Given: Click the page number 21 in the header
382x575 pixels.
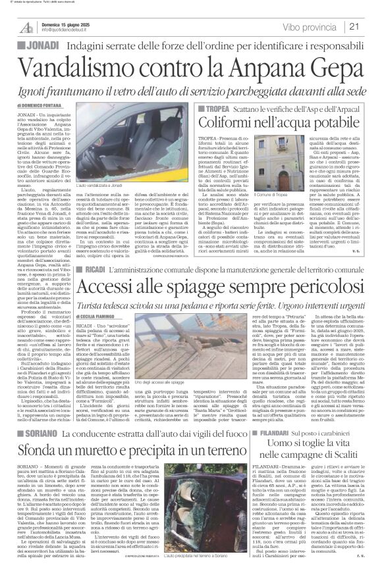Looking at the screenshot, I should click(371, 26).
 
